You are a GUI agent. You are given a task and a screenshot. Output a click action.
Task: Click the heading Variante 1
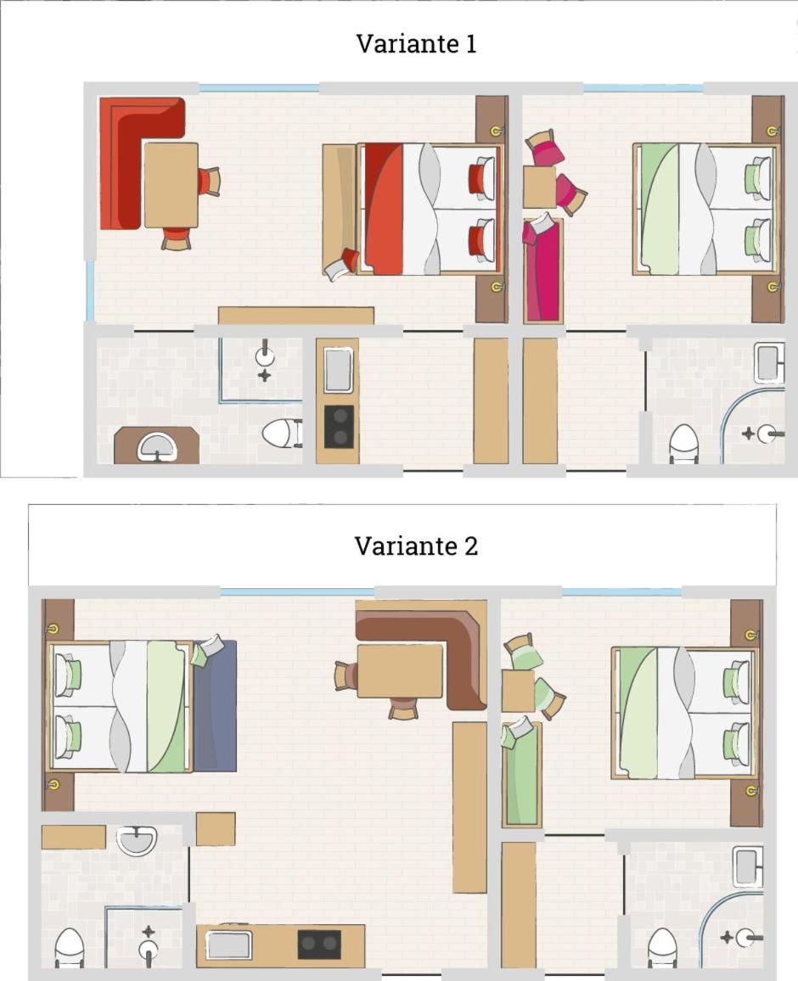[x=416, y=44]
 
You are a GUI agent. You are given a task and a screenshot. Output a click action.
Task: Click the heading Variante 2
[x=416, y=547]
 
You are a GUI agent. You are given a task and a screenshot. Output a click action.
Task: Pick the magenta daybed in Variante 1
[x=542, y=270]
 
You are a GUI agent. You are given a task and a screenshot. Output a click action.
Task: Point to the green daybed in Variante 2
[x=522, y=776]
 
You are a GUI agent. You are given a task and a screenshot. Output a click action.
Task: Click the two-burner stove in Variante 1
[x=339, y=427]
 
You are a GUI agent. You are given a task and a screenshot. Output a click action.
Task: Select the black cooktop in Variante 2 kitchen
[x=319, y=945]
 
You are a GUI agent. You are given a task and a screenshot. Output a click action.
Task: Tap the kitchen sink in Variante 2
[x=229, y=945]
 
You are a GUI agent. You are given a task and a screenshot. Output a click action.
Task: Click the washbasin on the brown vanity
[x=156, y=447]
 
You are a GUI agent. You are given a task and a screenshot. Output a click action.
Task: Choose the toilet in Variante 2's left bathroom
[x=70, y=949]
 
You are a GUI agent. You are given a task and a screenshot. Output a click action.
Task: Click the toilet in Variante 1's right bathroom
[x=683, y=444]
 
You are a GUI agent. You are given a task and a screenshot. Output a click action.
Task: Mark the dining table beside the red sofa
[x=171, y=185]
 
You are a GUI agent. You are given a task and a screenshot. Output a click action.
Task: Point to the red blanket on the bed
[x=384, y=209]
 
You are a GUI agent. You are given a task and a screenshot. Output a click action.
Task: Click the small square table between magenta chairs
[x=540, y=187]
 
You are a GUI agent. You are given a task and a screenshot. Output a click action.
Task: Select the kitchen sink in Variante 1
[x=338, y=370]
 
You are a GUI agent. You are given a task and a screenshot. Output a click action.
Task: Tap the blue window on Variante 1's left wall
[x=91, y=291]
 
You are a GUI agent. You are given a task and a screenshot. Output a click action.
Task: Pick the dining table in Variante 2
[x=400, y=670]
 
